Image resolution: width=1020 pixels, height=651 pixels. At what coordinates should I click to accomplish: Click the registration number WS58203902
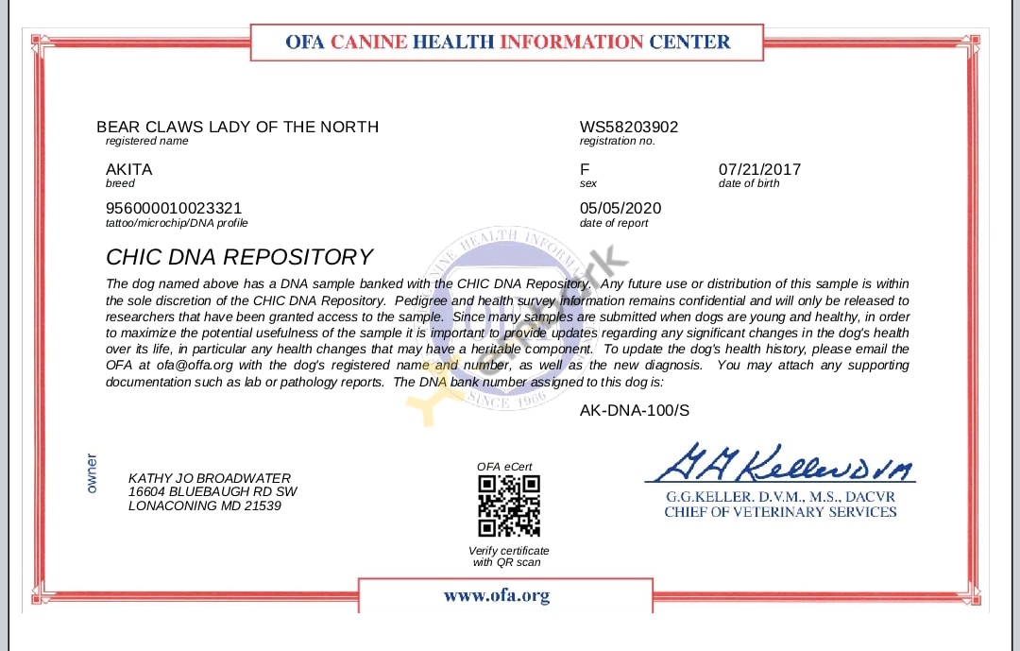pos(629,127)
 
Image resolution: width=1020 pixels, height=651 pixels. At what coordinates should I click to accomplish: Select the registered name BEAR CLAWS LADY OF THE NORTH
pos(237,127)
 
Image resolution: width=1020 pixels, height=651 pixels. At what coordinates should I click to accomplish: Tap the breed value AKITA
pos(128,169)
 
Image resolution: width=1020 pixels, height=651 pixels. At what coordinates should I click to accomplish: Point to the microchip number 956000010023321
pos(174,208)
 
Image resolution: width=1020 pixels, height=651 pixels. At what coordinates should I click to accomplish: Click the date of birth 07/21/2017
pos(759,169)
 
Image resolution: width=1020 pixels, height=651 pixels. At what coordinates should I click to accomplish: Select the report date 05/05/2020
pos(620,208)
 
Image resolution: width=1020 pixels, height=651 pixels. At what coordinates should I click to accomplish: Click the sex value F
pos(585,169)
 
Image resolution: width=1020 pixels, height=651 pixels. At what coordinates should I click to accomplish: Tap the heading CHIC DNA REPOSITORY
pos(240,257)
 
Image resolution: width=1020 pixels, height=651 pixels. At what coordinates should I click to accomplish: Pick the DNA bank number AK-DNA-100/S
pos(635,409)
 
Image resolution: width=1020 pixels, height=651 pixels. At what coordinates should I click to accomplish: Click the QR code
pos(509,506)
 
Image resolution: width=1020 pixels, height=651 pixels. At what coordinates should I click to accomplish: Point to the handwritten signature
pos(779,464)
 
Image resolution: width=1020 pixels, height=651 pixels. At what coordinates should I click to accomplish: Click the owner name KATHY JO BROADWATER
pos(210,478)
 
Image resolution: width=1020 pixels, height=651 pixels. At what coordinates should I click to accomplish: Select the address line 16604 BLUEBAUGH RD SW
pos(212,491)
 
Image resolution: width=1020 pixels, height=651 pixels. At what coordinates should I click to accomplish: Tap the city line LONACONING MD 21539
pos(204,505)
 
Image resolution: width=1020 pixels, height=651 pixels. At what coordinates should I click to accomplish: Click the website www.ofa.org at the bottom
pos(497,595)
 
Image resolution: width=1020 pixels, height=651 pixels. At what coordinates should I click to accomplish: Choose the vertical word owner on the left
pos(92,473)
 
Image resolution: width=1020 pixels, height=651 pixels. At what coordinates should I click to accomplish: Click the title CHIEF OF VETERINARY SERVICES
pos(780,512)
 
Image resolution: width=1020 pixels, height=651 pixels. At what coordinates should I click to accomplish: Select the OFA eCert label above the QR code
pos(504,467)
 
